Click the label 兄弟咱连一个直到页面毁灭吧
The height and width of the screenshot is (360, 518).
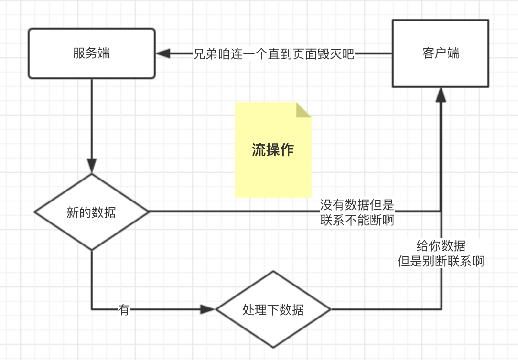pyautogui.click(x=274, y=53)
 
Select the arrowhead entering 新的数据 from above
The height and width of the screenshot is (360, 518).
pyautogui.click(x=92, y=165)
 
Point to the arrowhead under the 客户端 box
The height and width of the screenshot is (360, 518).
pyautogui.click(x=441, y=95)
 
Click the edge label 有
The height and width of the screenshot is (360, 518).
pyautogui.click(x=124, y=310)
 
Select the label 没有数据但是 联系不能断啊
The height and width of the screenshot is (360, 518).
pyautogui.click(x=357, y=212)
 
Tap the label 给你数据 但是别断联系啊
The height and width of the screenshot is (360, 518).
pyautogui.click(x=441, y=254)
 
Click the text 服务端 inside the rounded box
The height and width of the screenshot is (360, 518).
pyautogui.click(x=92, y=53)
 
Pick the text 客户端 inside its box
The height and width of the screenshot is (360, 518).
pyautogui.click(x=441, y=53)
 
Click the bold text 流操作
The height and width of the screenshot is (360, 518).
pyautogui.click(x=273, y=150)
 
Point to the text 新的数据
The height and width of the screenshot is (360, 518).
pyautogui.click(x=91, y=212)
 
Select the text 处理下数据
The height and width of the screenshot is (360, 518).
pyautogui.click(x=273, y=310)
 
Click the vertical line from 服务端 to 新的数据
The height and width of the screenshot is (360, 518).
pyautogui.click(x=92, y=119)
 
